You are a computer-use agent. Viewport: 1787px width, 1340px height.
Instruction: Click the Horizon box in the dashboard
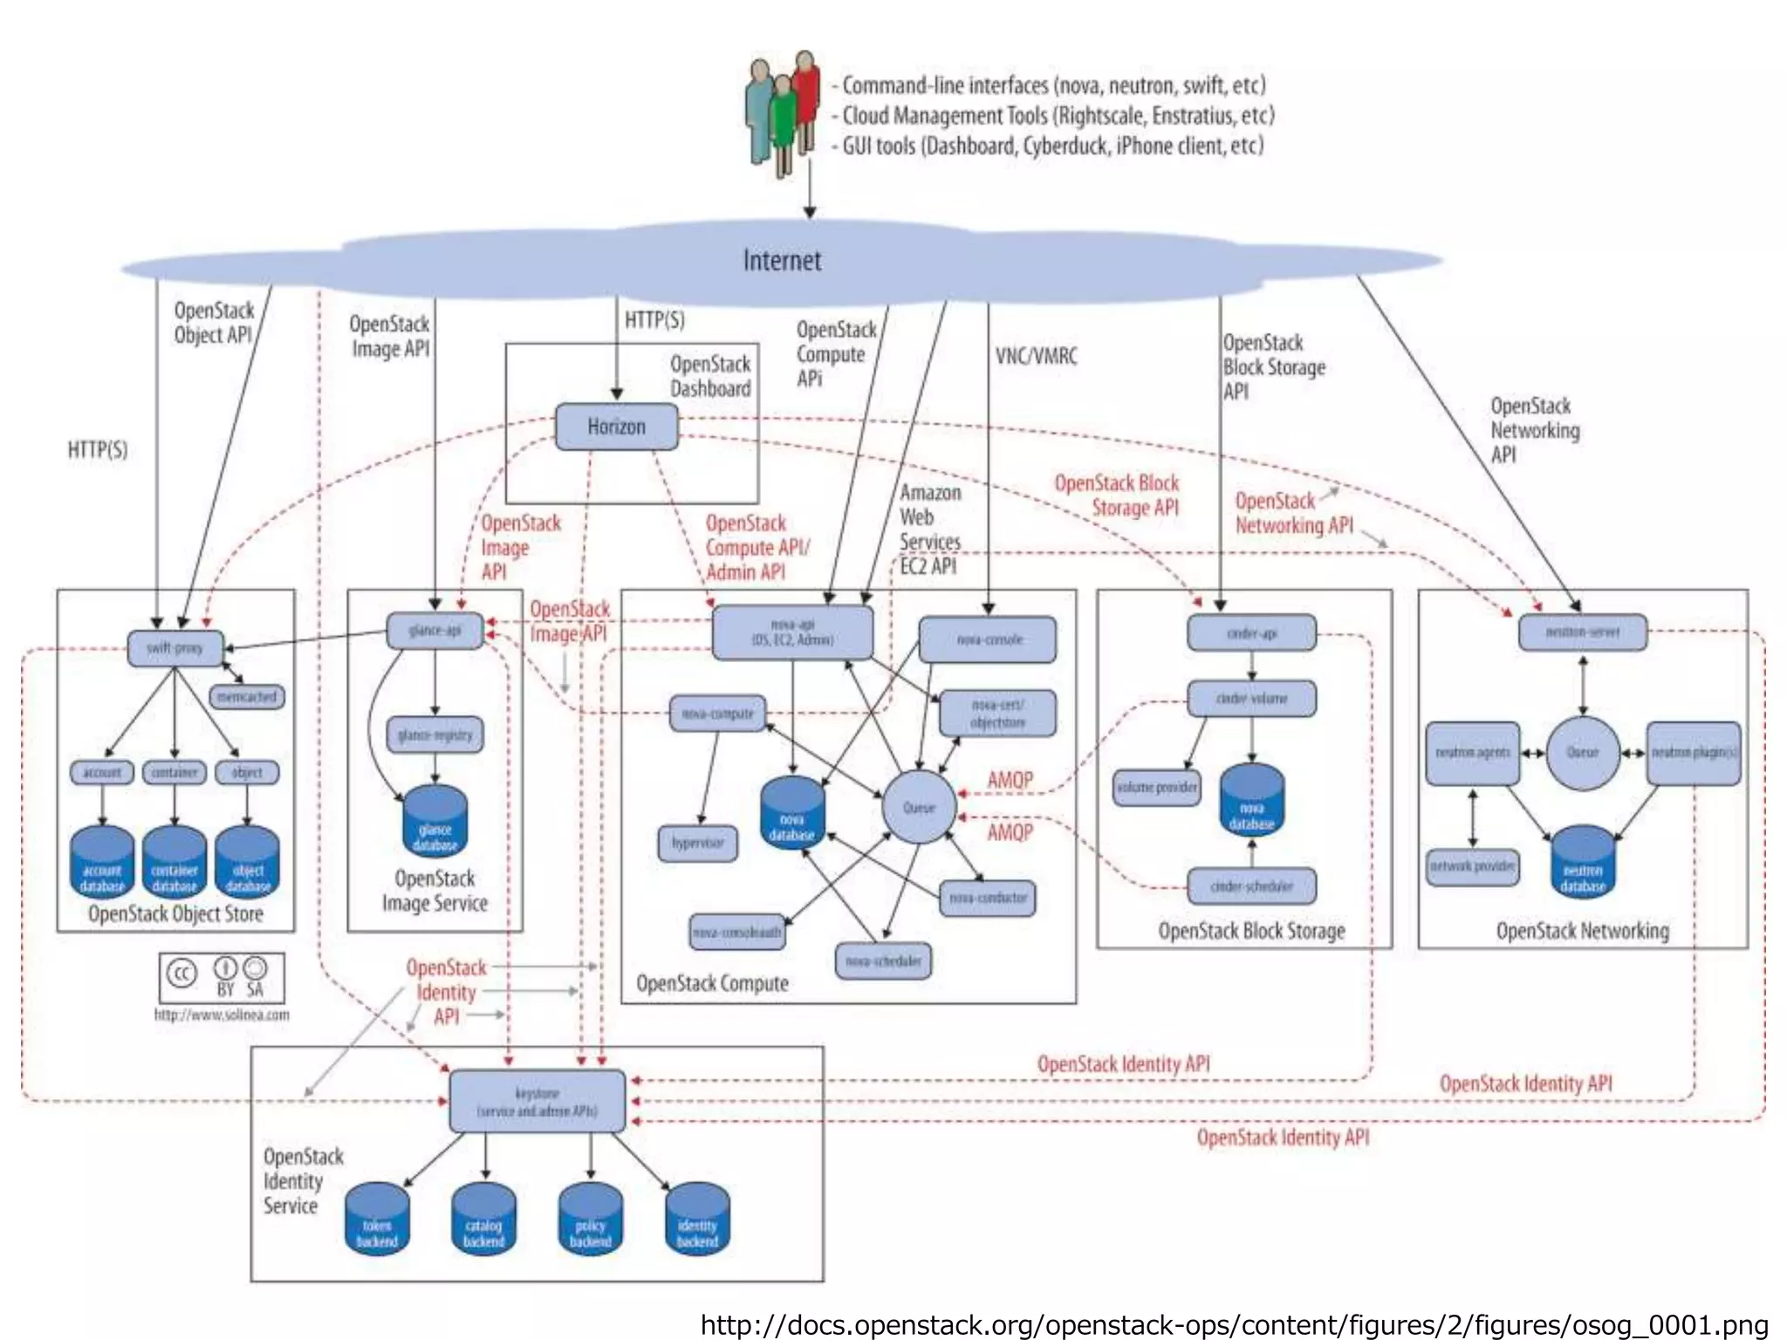[616, 427]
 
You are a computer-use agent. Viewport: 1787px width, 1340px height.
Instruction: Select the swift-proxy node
[175, 648]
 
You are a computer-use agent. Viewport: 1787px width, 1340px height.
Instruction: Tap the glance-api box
[435, 631]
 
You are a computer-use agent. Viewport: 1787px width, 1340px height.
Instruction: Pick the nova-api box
[792, 632]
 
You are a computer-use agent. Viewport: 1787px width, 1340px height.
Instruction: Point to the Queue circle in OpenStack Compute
[919, 807]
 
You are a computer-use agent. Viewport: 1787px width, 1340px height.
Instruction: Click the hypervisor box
[697, 844]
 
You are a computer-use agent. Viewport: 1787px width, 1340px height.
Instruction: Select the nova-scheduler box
[883, 961]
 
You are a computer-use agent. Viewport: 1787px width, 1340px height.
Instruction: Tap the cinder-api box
[1251, 633]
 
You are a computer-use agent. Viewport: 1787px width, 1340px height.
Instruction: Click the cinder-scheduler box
[1251, 886]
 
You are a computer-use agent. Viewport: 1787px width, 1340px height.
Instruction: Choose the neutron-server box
[1582, 632]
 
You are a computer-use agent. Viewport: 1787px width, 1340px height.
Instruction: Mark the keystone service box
[537, 1102]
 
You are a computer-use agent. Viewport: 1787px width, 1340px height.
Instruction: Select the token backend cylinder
[377, 1220]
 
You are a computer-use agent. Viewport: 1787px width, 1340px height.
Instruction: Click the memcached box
[247, 697]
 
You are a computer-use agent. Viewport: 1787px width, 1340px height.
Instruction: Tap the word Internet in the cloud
[782, 261]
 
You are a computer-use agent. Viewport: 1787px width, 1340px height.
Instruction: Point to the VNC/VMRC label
[1036, 357]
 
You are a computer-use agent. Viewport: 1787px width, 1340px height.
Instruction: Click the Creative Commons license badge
[222, 978]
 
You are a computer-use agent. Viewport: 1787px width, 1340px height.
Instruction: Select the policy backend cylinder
[591, 1220]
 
